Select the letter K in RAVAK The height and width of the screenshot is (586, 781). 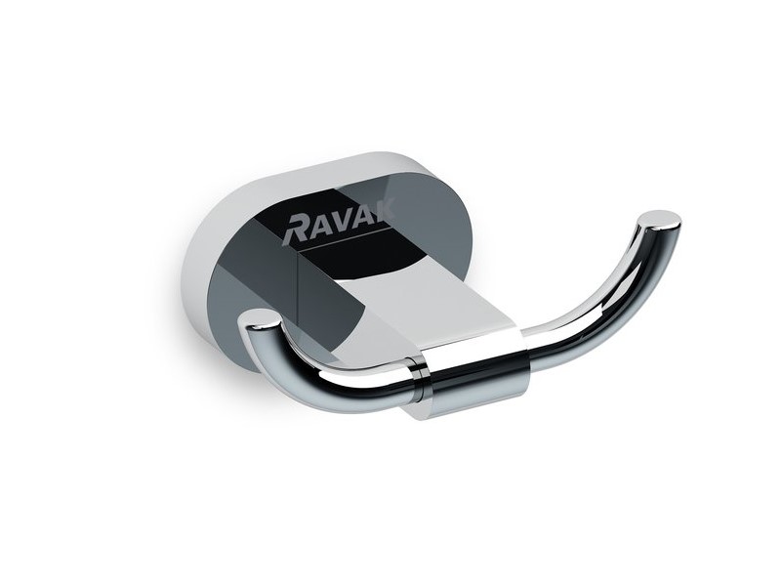tap(384, 209)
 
